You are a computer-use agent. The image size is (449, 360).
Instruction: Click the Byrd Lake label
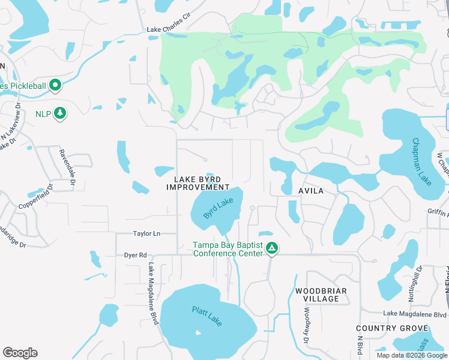217,208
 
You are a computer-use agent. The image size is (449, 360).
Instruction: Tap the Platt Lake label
207,316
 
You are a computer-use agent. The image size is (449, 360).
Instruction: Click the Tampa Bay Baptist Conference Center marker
272,248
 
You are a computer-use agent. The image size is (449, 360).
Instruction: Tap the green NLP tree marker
59,113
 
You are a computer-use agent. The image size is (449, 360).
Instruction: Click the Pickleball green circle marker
55,85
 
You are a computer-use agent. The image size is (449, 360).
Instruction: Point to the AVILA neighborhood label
311,191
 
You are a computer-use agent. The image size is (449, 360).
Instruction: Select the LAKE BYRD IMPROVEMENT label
198,183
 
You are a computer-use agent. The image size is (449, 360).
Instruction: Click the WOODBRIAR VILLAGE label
317,295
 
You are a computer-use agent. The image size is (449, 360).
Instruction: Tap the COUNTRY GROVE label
391,328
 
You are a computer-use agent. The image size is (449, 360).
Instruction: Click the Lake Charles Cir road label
172,29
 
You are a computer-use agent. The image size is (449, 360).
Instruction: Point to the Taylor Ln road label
147,233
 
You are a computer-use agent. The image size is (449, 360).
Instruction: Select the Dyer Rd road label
135,255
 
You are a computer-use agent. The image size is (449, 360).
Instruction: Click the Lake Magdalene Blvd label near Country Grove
415,314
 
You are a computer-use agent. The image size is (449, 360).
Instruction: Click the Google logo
20,353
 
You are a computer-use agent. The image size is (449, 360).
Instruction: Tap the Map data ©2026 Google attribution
411,355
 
